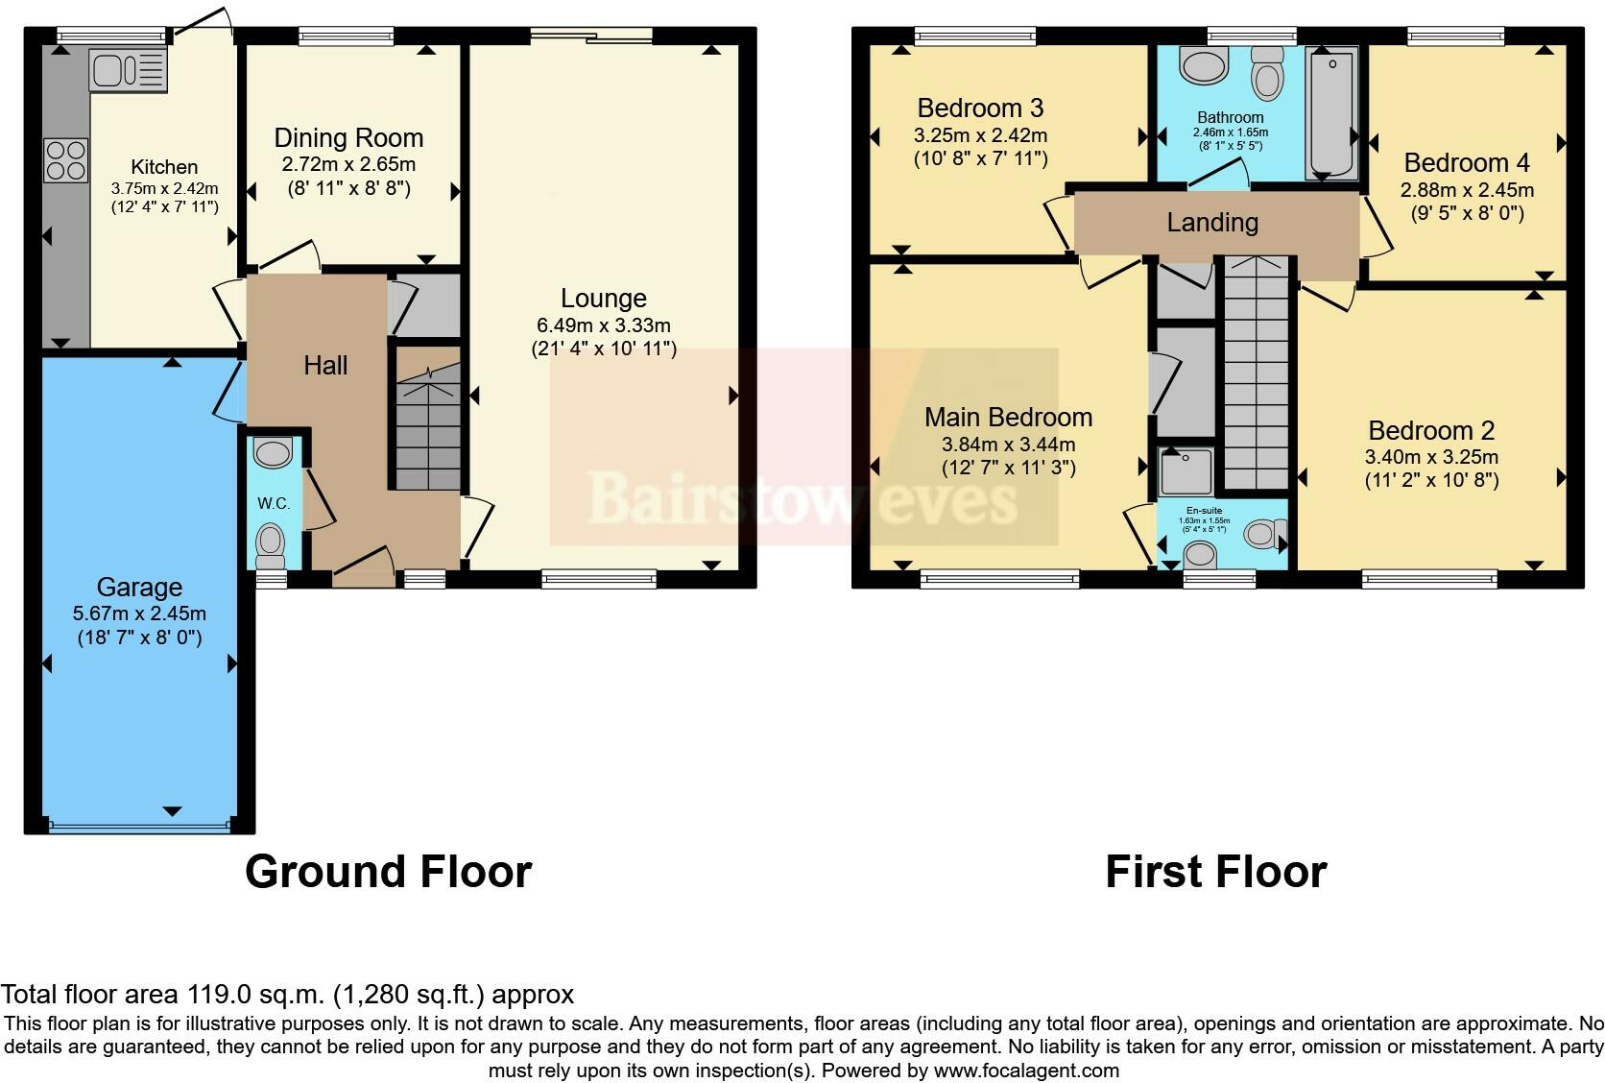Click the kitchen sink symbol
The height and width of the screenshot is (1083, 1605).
point(129,69)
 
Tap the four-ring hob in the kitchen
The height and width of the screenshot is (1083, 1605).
point(66,159)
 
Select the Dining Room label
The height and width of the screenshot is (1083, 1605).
point(349,137)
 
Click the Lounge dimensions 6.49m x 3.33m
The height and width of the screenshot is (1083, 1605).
point(603,325)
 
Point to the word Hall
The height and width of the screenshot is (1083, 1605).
point(325,366)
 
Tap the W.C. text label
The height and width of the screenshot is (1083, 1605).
point(274,504)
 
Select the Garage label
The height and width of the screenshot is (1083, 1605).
point(139,587)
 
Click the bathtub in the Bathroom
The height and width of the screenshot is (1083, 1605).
point(1331,112)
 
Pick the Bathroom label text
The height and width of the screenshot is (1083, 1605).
point(1231,117)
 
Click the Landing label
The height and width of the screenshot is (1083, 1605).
point(1212,222)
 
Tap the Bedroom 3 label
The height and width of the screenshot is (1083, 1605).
point(980,108)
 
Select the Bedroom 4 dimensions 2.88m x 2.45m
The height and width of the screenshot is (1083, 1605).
point(1467,191)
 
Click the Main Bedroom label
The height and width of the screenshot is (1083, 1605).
point(1008,417)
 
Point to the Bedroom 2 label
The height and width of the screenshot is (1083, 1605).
point(1431,430)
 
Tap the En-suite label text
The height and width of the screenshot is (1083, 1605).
point(1205,511)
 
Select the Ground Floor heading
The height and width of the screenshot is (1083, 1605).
point(389,872)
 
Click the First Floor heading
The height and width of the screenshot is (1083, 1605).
point(1216,872)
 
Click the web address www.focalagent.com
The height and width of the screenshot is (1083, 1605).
point(1026,1071)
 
